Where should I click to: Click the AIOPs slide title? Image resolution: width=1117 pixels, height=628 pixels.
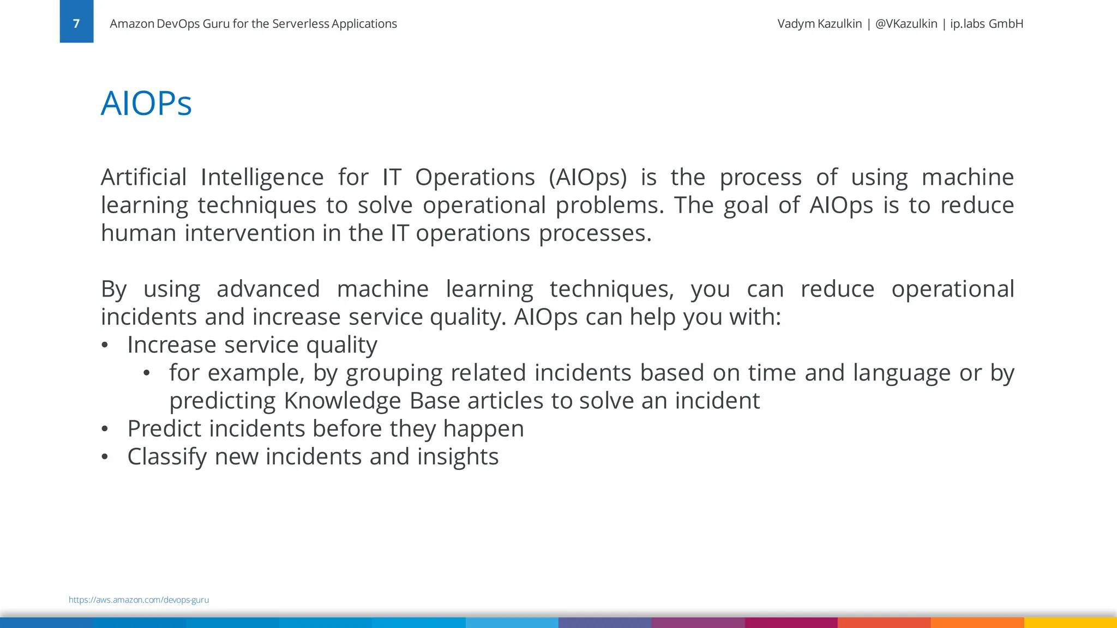(146, 103)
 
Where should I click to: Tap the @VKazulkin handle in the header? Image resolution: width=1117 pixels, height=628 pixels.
(906, 23)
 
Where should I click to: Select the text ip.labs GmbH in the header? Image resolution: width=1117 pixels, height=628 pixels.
(986, 23)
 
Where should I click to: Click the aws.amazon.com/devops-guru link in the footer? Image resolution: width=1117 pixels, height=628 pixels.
(139, 600)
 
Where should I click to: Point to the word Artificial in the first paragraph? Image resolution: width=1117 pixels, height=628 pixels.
(143, 177)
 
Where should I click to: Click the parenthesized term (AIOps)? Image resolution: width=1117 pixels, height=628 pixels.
(587, 178)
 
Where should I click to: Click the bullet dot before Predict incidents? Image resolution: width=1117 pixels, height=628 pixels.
(105, 429)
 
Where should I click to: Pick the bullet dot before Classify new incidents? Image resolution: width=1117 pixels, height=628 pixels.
(105, 457)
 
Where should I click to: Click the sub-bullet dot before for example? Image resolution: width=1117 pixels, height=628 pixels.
(146, 373)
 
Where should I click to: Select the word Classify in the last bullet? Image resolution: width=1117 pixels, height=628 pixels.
(167, 457)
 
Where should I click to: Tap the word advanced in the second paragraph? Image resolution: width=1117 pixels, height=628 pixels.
(268, 289)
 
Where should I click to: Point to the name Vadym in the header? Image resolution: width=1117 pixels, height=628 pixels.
(796, 23)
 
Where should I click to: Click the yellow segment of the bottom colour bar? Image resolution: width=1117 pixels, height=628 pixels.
(1070, 623)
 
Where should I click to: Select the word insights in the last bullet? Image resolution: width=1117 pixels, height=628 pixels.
(458, 457)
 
